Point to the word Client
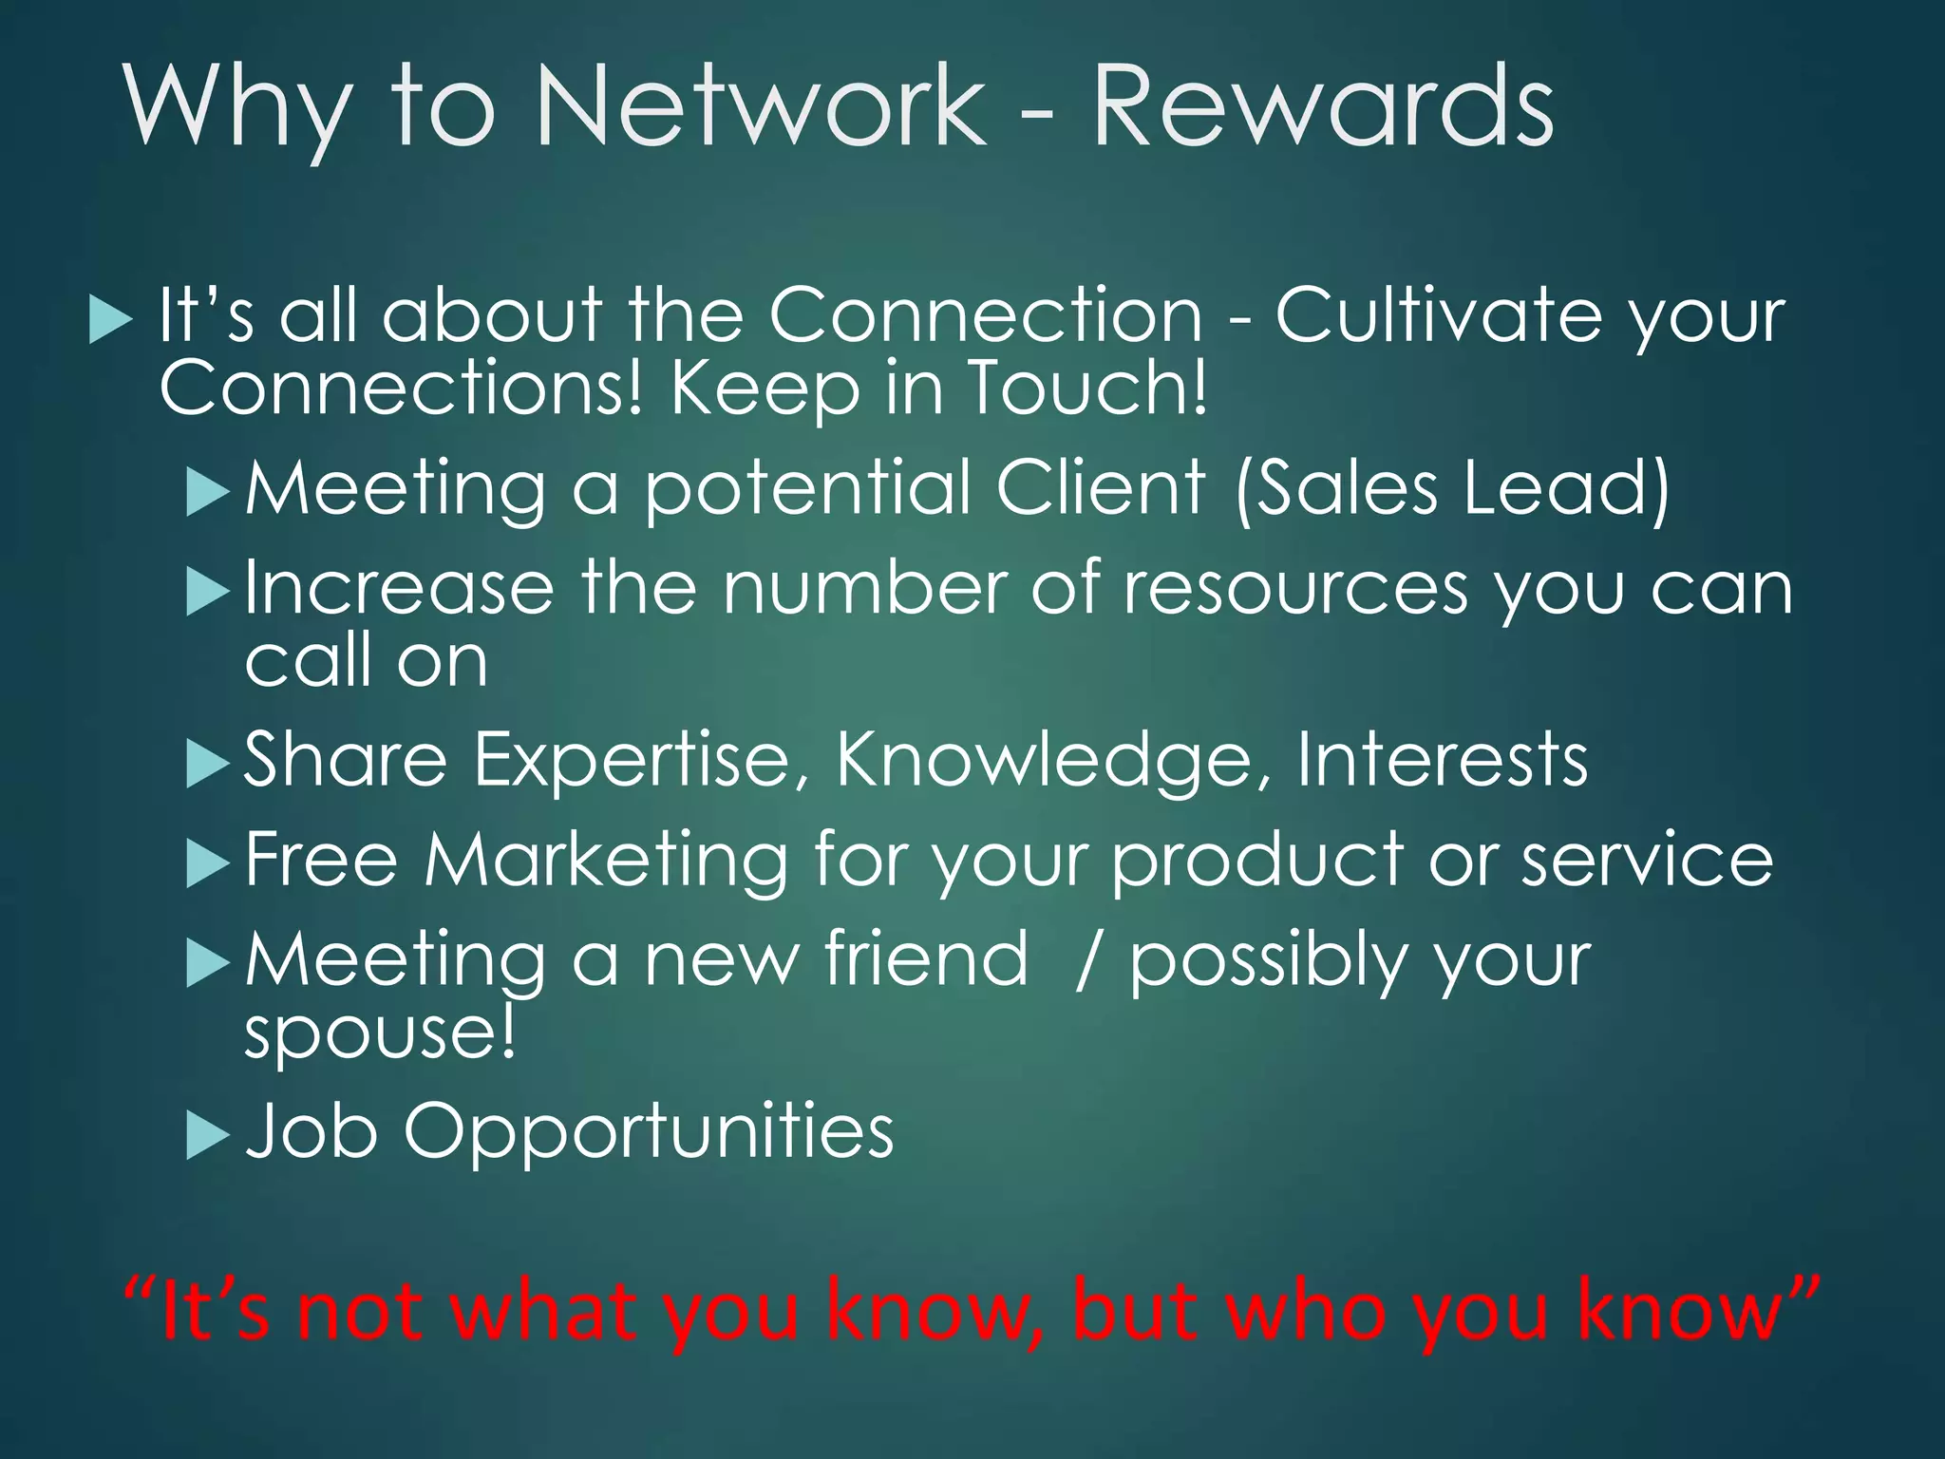pos(1101,487)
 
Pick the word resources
pos(1296,588)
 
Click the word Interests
pos(1442,759)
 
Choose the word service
pos(1647,859)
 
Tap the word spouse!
pos(381,1033)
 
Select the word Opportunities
pos(649,1132)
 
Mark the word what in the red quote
pos(542,1310)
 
